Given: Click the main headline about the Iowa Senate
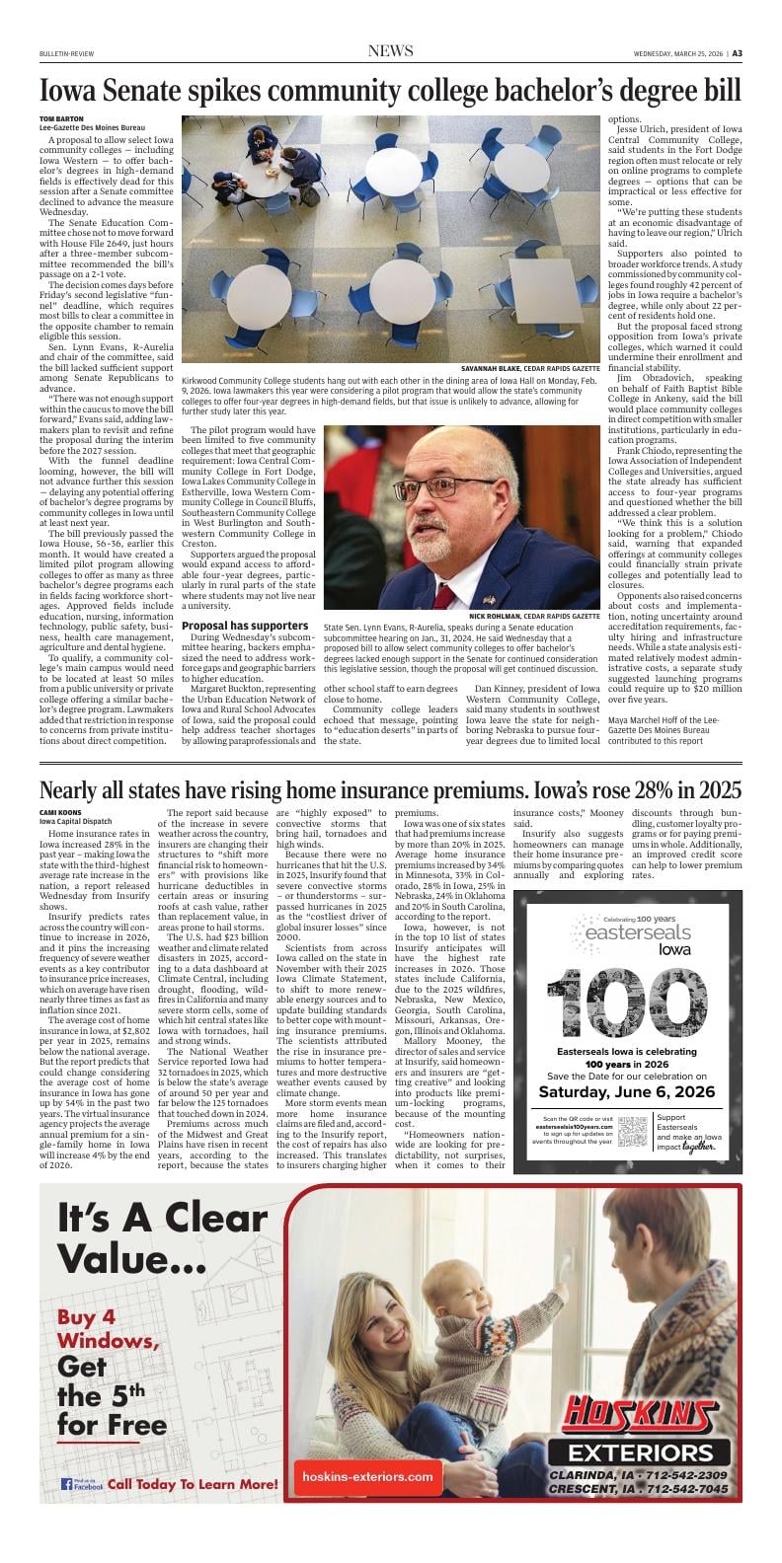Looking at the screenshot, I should pos(390,92).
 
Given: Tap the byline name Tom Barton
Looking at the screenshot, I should pos(61,119).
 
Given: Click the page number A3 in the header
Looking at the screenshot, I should pos(737,53).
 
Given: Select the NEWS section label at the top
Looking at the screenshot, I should pos(390,51).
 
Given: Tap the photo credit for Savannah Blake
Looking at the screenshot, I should pos(530,367).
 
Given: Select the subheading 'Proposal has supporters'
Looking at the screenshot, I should pos(245,626).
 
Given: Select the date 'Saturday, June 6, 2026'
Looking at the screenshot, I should pos(620,1091).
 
